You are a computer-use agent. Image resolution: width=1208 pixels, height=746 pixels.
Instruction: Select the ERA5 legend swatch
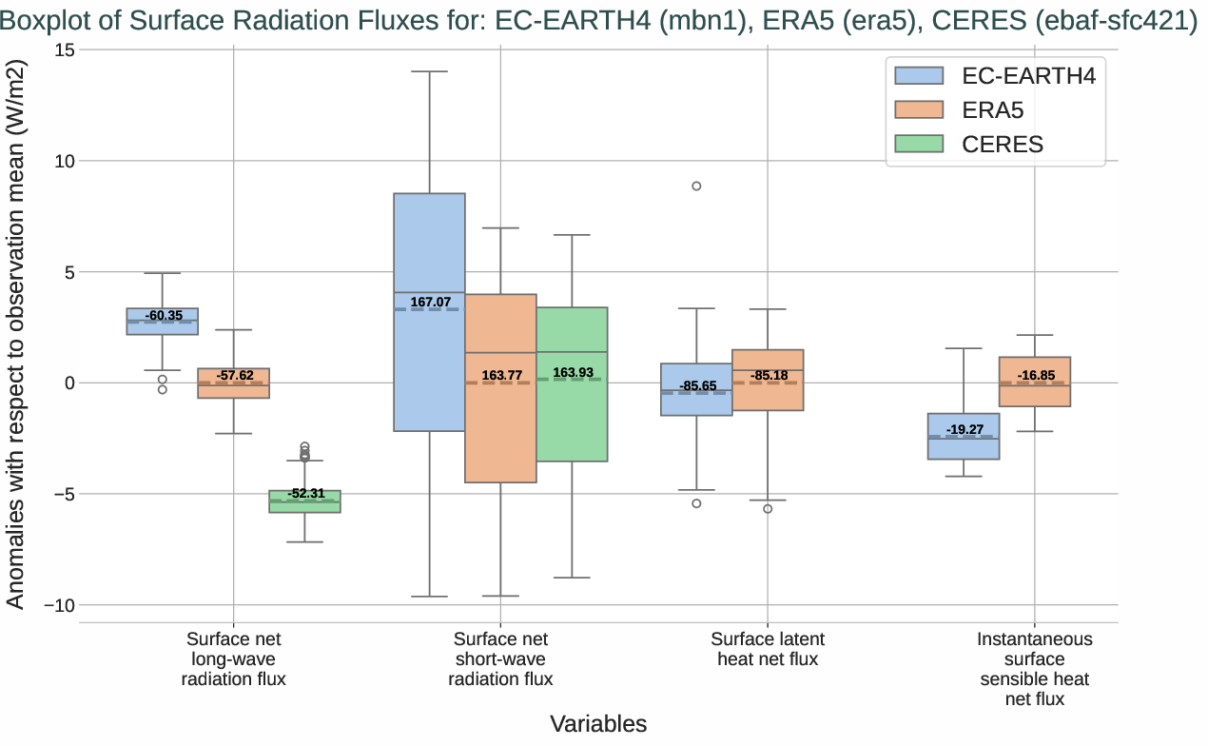tap(918, 110)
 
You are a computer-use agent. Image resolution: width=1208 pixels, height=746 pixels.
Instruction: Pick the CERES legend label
tap(1003, 145)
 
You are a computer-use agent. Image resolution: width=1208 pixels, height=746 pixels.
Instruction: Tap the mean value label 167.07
tap(431, 303)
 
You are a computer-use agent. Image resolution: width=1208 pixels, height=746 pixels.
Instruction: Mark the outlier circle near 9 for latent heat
tap(696, 186)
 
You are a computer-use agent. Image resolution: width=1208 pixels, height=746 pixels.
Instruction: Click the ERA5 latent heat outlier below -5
tap(768, 509)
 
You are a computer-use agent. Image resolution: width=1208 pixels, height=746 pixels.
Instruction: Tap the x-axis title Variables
tap(598, 724)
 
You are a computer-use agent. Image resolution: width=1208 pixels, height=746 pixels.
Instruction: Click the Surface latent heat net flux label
tap(768, 649)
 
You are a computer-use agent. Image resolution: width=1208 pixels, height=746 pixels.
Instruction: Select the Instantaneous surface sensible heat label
tap(1035, 669)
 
